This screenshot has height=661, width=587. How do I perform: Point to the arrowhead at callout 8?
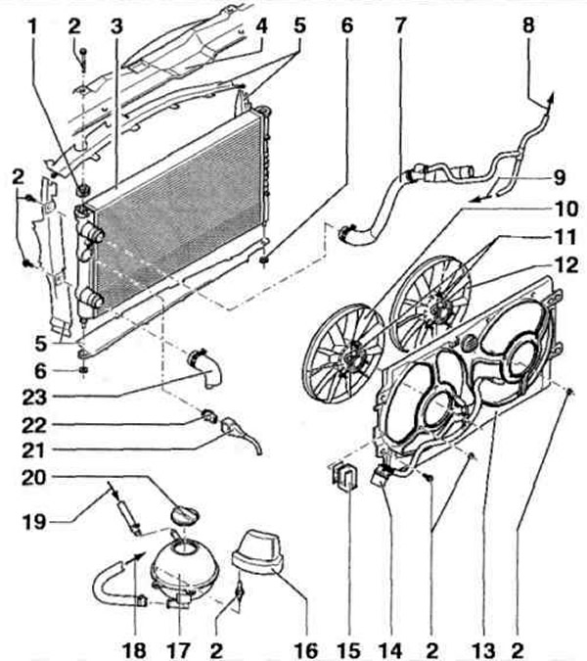(550, 91)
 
